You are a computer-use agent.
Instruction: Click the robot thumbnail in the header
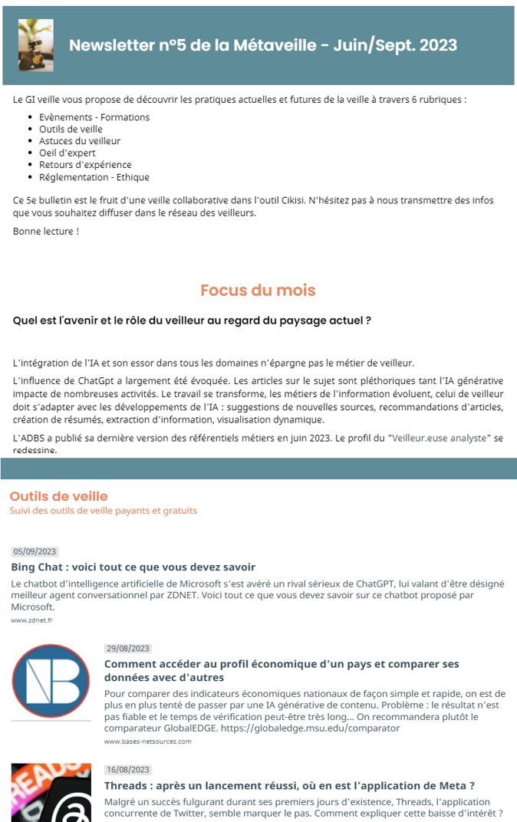[x=36, y=45]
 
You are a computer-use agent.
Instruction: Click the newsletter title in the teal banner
[x=262, y=45]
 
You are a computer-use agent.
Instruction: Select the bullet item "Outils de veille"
[x=71, y=129]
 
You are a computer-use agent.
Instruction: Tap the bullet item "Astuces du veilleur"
[x=80, y=141]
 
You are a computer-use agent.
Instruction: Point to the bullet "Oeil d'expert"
[x=68, y=153]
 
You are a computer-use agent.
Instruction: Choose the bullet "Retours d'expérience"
[x=85, y=165]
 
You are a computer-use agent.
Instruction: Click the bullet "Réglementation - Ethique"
[x=94, y=176]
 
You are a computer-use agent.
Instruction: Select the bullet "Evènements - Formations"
[x=94, y=117]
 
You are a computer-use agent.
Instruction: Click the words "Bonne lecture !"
[x=46, y=231]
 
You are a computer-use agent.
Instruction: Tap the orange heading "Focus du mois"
[x=258, y=291]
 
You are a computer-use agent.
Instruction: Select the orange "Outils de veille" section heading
[x=59, y=496]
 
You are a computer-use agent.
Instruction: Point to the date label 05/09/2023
[x=35, y=551]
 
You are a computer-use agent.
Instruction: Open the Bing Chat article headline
[x=133, y=567]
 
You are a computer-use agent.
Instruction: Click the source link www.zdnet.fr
[x=32, y=620]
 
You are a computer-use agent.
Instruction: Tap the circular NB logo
[x=51, y=682]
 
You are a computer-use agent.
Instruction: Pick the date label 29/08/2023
[x=128, y=648]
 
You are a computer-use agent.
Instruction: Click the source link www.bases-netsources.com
[x=147, y=741]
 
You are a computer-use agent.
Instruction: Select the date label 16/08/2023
[x=128, y=769]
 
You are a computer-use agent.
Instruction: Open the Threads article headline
[x=289, y=785]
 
